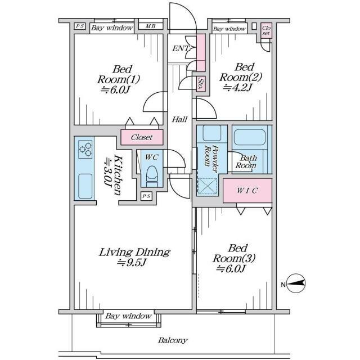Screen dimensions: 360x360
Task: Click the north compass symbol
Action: pyautogui.click(x=296, y=283)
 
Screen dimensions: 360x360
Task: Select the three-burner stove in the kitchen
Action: pyautogui.click(x=85, y=150)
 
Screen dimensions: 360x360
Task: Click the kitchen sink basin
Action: pyautogui.click(x=85, y=186)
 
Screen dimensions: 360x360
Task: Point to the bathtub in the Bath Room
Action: pyautogui.click(x=250, y=137)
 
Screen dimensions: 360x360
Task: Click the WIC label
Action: pyautogui.click(x=247, y=191)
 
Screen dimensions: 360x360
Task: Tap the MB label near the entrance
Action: pyautogui.click(x=151, y=26)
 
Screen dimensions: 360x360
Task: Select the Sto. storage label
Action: pyautogui.click(x=201, y=84)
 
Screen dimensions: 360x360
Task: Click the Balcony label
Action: pyautogui.click(x=173, y=340)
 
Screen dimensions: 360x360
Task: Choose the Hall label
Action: pyautogui.click(x=179, y=119)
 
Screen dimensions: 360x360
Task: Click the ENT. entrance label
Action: pyautogui.click(x=181, y=48)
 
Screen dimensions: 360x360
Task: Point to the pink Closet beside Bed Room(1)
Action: pyautogui.click(x=142, y=137)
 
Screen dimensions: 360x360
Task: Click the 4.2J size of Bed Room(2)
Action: pyautogui.click(x=238, y=88)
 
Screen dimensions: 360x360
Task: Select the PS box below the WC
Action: pyautogui.click(x=146, y=196)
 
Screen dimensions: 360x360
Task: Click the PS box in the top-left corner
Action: pyautogui.click(x=80, y=26)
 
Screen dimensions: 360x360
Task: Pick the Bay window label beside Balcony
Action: pyautogui.click(x=129, y=316)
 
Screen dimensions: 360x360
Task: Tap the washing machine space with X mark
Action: pyautogui.click(x=208, y=186)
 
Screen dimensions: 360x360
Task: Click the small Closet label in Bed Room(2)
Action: pyautogui.click(x=266, y=30)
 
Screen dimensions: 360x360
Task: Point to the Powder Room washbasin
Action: pyautogui.click(x=212, y=133)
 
